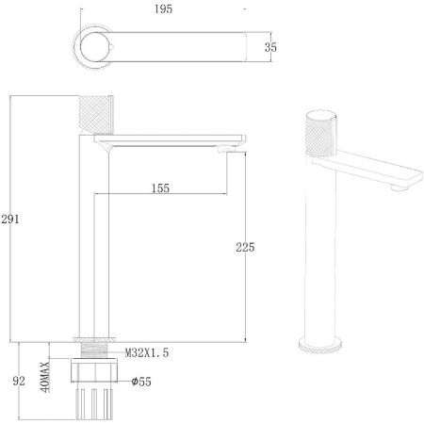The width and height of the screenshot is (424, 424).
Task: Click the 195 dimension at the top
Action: point(163,8)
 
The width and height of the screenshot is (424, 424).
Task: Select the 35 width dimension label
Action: point(270,47)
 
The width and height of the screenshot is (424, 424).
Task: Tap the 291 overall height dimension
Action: point(10,219)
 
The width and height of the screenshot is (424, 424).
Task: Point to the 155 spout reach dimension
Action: point(160,188)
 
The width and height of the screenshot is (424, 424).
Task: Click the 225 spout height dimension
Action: point(245,247)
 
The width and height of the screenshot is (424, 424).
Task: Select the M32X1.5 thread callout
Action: point(147,352)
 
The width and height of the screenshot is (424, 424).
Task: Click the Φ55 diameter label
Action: point(141,382)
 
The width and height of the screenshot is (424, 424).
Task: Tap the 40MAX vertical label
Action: point(45,377)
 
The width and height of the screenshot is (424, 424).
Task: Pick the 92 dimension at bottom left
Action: point(19,381)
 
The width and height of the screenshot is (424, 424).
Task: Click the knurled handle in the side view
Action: point(96,115)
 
